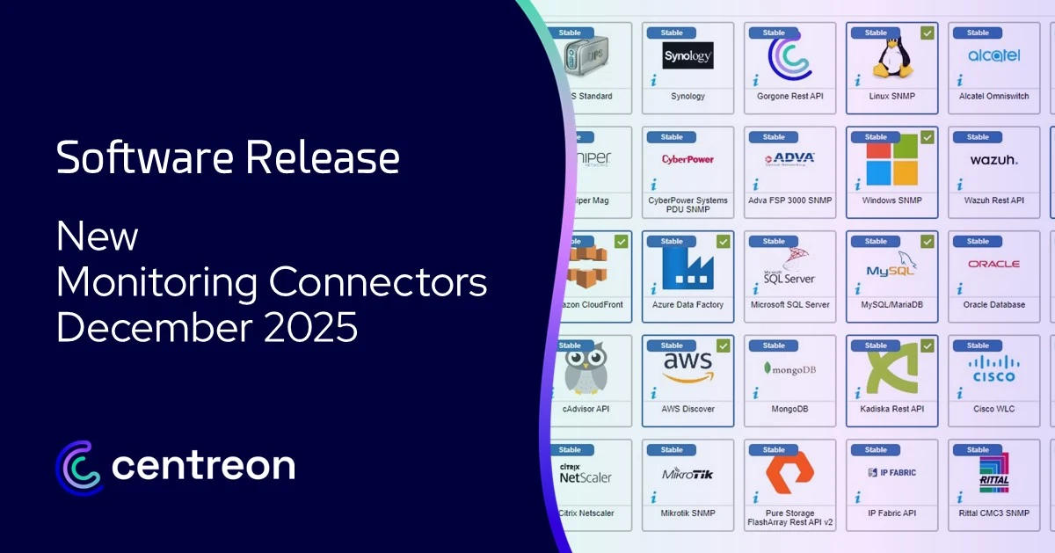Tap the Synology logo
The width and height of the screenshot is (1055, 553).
point(688,56)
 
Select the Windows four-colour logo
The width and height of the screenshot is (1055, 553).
point(891,164)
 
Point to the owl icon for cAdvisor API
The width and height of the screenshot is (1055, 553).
point(586,369)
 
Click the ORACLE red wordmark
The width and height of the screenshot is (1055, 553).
point(993,264)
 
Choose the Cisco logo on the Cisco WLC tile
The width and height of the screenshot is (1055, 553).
point(993,368)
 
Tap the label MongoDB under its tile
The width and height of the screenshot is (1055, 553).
point(789,409)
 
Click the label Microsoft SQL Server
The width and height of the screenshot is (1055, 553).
point(789,305)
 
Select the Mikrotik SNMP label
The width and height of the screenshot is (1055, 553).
point(688,513)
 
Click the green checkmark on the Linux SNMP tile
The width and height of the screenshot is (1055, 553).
point(928,33)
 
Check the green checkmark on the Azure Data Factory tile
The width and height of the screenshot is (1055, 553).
point(723,241)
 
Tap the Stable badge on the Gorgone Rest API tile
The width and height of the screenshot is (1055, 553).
point(774,33)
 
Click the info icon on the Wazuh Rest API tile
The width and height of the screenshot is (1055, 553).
point(960,185)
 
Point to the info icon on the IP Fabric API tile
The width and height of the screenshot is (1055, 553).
point(858,498)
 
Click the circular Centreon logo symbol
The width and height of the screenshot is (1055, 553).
point(79,465)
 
